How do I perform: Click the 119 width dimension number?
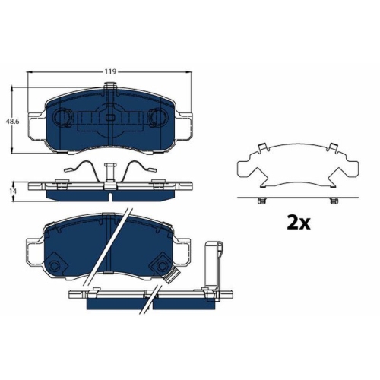tap(111, 71)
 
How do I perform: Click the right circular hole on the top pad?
tap(159, 119)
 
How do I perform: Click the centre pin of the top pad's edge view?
tap(111, 173)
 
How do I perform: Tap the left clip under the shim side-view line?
tap(261, 201)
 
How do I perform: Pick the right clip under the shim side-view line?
tap(331, 201)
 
